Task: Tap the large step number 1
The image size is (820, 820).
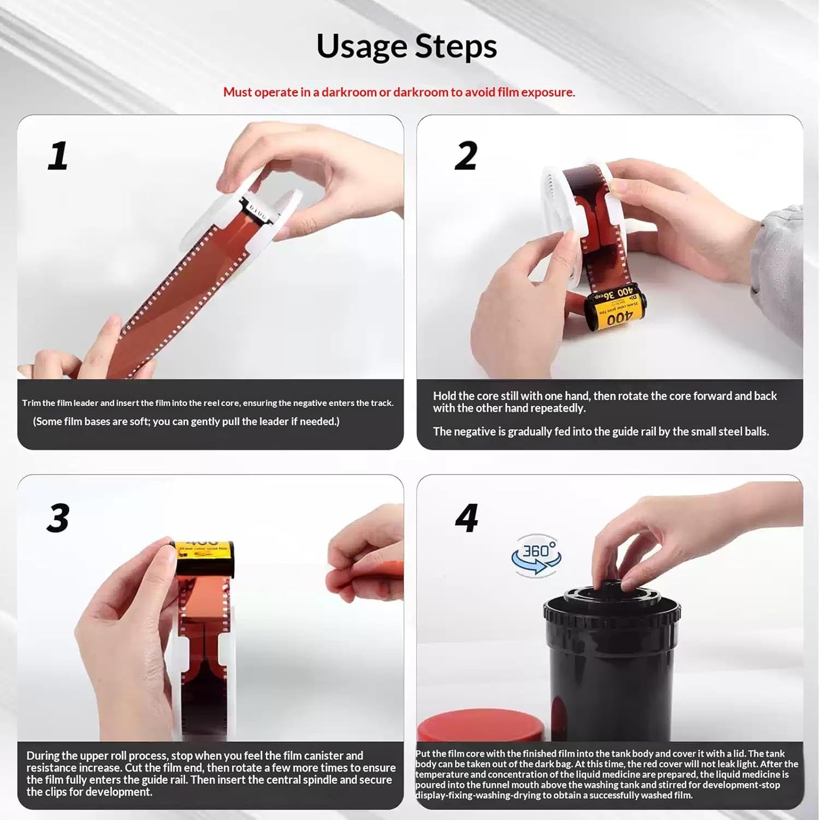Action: point(58,156)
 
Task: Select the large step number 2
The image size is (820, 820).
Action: point(466,156)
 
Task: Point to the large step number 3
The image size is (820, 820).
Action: point(58,518)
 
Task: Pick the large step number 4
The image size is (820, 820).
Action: point(467,518)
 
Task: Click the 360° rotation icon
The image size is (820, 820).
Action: point(536,555)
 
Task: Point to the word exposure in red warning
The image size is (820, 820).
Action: point(547,92)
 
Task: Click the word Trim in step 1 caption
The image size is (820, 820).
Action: point(31,403)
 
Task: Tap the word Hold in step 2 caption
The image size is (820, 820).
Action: point(446,396)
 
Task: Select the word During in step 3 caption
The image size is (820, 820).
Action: point(44,755)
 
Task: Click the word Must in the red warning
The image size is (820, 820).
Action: point(237,92)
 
